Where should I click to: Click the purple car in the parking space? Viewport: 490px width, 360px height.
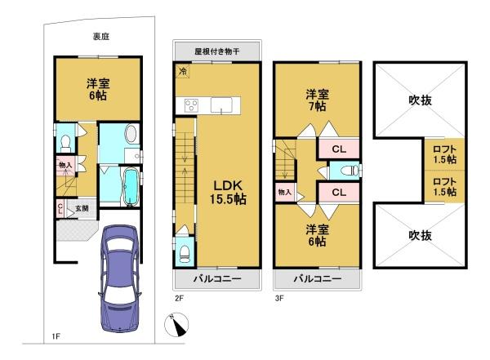click(118, 278)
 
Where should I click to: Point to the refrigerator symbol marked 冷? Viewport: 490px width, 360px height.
click(180, 72)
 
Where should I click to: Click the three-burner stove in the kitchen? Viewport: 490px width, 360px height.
click(190, 104)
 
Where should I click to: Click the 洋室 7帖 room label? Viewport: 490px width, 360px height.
click(317, 100)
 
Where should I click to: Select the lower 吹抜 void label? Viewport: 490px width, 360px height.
click(421, 235)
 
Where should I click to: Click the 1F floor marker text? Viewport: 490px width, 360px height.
click(56, 336)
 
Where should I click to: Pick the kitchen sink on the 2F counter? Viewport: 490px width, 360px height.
click(222, 104)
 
